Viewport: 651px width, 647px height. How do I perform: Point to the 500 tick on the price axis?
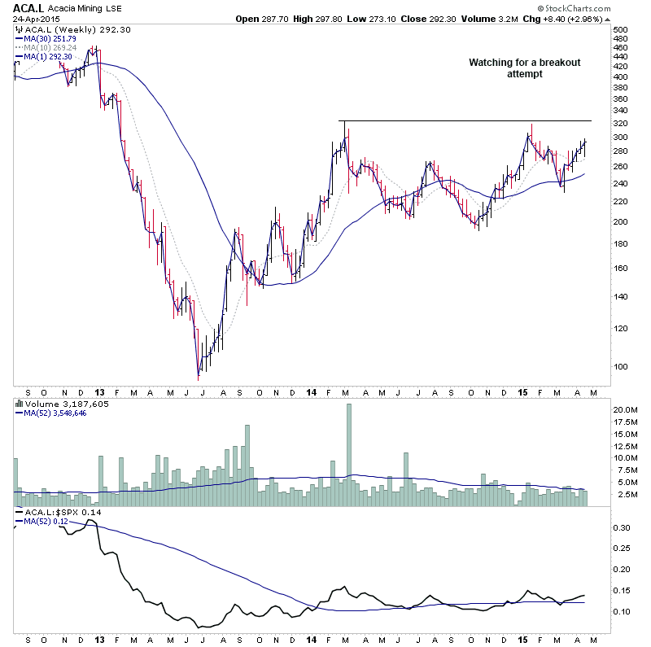click(x=621, y=29)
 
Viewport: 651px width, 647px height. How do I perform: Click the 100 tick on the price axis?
click(x=621, y=366)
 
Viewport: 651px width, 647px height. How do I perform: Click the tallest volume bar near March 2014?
click(x=350, y=456)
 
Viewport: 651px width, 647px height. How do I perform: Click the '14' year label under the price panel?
click(x=312, y=391)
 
